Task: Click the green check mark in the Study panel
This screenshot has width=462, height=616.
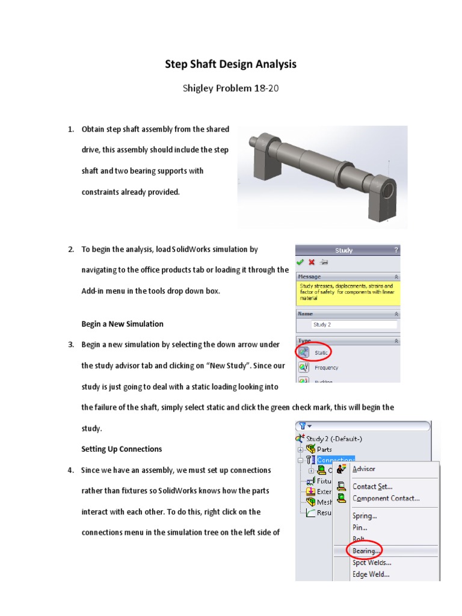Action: tap(300, 262)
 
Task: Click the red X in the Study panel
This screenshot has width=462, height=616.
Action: tap(312, 262)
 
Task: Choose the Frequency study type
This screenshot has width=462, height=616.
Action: tap(325, 368)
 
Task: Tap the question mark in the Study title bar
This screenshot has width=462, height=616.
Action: tap(395, 250)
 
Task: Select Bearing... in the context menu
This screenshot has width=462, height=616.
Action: tap(366, 550)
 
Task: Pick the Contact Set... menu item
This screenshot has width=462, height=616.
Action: tap(372, 486)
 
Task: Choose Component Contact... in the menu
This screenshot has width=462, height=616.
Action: tap(386, 498)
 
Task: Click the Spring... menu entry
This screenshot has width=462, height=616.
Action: tap(365, 516)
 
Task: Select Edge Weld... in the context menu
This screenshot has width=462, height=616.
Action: tap(371, 574)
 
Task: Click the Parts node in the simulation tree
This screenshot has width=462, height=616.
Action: tap(324, 449)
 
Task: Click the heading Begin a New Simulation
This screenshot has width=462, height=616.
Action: tap(122, 324)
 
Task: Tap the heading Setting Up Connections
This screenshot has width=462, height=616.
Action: tap(122, 449)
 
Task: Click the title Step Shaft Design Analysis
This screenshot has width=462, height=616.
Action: tap(231, 64)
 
